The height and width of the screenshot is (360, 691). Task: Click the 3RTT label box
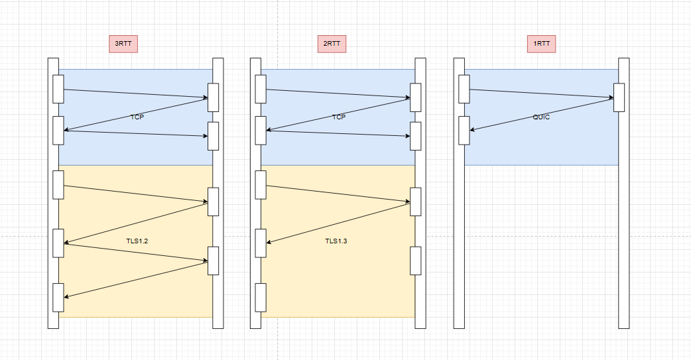(123, 44)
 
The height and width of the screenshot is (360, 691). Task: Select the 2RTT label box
(332, 44)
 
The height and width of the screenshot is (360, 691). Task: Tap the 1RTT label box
(542, 44)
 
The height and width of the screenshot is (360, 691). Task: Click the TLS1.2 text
(137, 241)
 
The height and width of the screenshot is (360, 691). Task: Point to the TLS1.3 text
(336, 241)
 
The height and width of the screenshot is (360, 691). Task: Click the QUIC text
(542, 117)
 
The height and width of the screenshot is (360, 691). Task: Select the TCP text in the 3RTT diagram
(137, 117)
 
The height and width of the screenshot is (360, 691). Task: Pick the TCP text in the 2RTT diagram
(339, 117)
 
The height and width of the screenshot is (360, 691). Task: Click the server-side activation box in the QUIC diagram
(619, 97)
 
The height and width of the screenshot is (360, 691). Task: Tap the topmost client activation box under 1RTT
(464, 89)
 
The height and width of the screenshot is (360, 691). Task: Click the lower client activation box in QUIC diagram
(464, 130)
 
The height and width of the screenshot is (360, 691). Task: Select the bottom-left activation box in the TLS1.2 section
(58, 297)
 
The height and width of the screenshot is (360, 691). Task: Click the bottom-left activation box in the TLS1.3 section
(261, 297)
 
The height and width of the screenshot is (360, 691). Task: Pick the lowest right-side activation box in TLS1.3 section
(416, 261)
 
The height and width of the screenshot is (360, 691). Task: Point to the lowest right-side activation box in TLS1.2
(214, 261)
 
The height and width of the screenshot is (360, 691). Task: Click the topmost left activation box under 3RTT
(58, 89)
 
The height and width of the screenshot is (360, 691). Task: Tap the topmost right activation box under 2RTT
(416, 97)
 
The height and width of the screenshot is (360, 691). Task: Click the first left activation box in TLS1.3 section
(261, 184)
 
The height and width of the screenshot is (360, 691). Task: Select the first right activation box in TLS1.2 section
(214, 202)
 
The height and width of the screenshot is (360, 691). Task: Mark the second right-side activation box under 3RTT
(214, 136)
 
